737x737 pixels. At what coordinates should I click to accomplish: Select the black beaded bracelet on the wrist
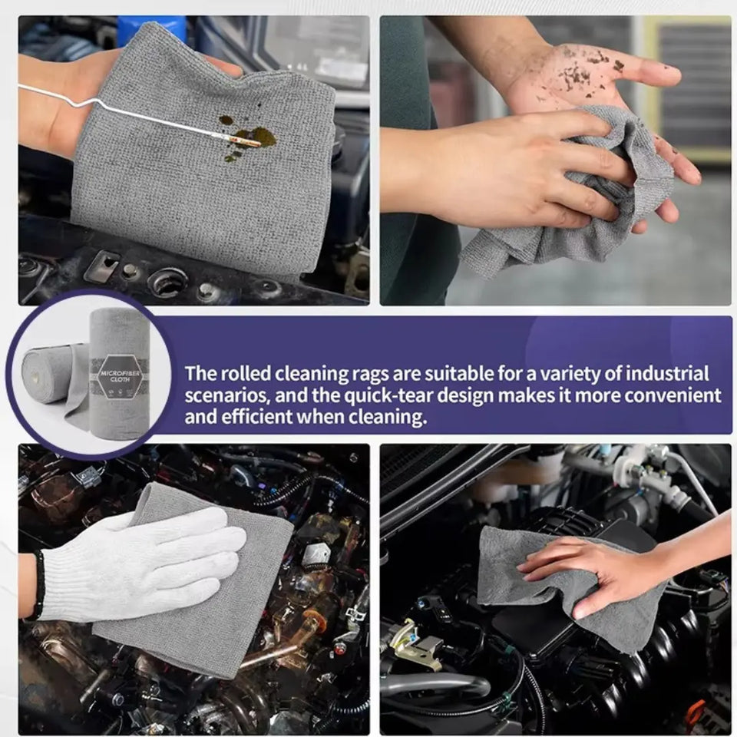36,584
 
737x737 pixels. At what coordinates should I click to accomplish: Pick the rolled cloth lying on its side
51,375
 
